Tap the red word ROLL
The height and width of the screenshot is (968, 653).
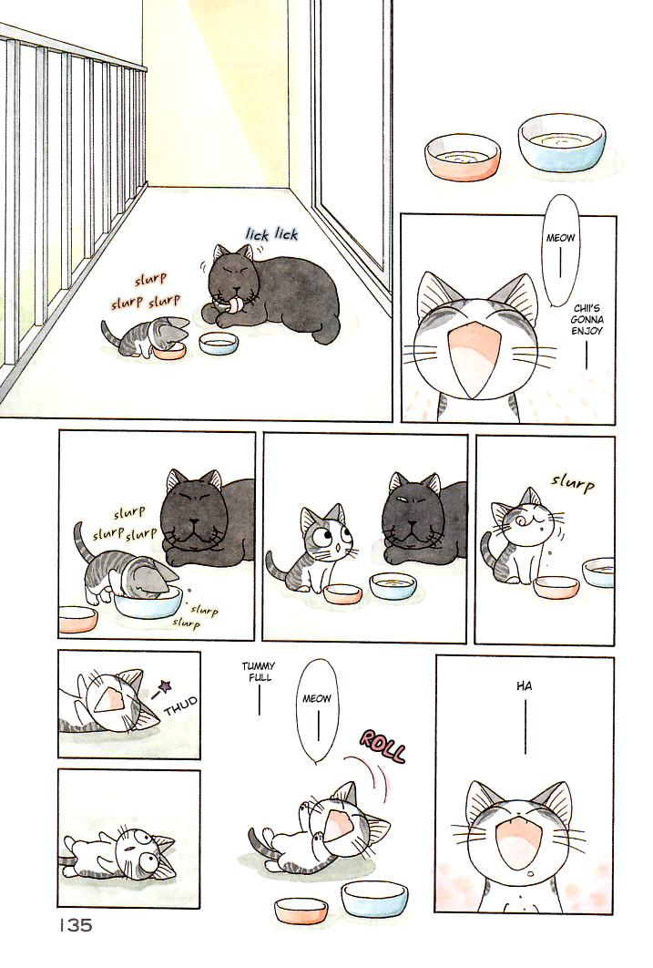tap(383, 747)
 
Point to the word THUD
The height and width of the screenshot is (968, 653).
tap(182, 700)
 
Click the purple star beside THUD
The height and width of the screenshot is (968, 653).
tap(166, 685)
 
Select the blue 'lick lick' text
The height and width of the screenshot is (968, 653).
tap(271, 234)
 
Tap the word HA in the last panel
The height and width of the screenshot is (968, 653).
tap(524, 686)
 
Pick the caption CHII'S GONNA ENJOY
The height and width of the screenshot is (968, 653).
tap(589, 320)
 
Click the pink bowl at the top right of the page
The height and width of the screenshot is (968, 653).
tap(462, 156)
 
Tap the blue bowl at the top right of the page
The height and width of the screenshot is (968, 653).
tap(561, 141)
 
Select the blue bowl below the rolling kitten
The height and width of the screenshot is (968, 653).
tap(374, 897)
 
